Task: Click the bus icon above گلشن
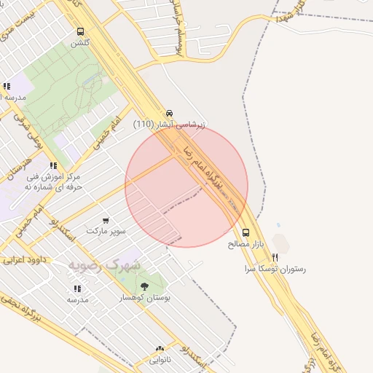tap(80, 32)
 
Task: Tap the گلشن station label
tap(79, 43)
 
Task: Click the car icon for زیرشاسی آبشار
tap(170, 113)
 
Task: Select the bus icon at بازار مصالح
tap(246, 233)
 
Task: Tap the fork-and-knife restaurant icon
tap(275, 257)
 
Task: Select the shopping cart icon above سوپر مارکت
tap(106, 220)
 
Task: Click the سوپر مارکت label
tap(106, 231)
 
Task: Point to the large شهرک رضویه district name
tap(103, 264)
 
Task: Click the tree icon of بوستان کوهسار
tap(145, 286)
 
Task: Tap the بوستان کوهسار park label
tap(145, 298)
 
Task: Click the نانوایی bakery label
tap(160, 360)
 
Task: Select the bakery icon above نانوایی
tap(160, 349)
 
